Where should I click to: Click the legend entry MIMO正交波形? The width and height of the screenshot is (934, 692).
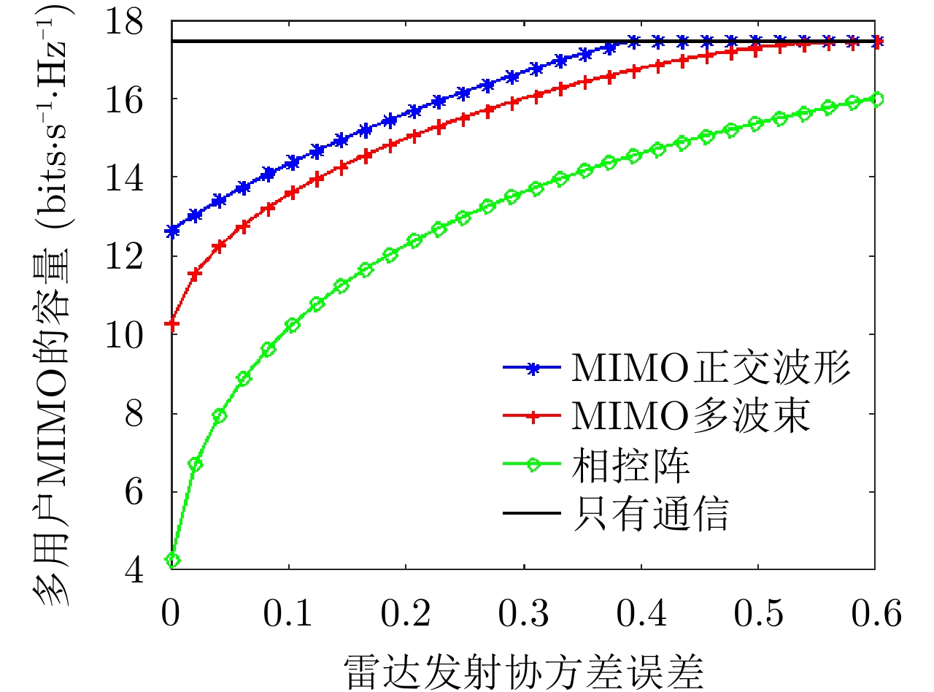coord(711,369)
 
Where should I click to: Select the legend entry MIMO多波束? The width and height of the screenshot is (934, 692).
coord(690,417)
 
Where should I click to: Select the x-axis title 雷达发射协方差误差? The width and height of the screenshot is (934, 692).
coord(523,669)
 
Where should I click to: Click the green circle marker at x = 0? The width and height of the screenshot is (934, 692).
coord(173,561)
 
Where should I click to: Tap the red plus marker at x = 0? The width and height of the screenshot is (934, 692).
coord(173,323)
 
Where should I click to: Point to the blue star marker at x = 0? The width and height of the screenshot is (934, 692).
coord(173,231)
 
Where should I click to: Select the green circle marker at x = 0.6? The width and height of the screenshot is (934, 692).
coord(876,99)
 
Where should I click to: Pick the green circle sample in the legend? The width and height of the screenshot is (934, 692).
coord(533,466)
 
